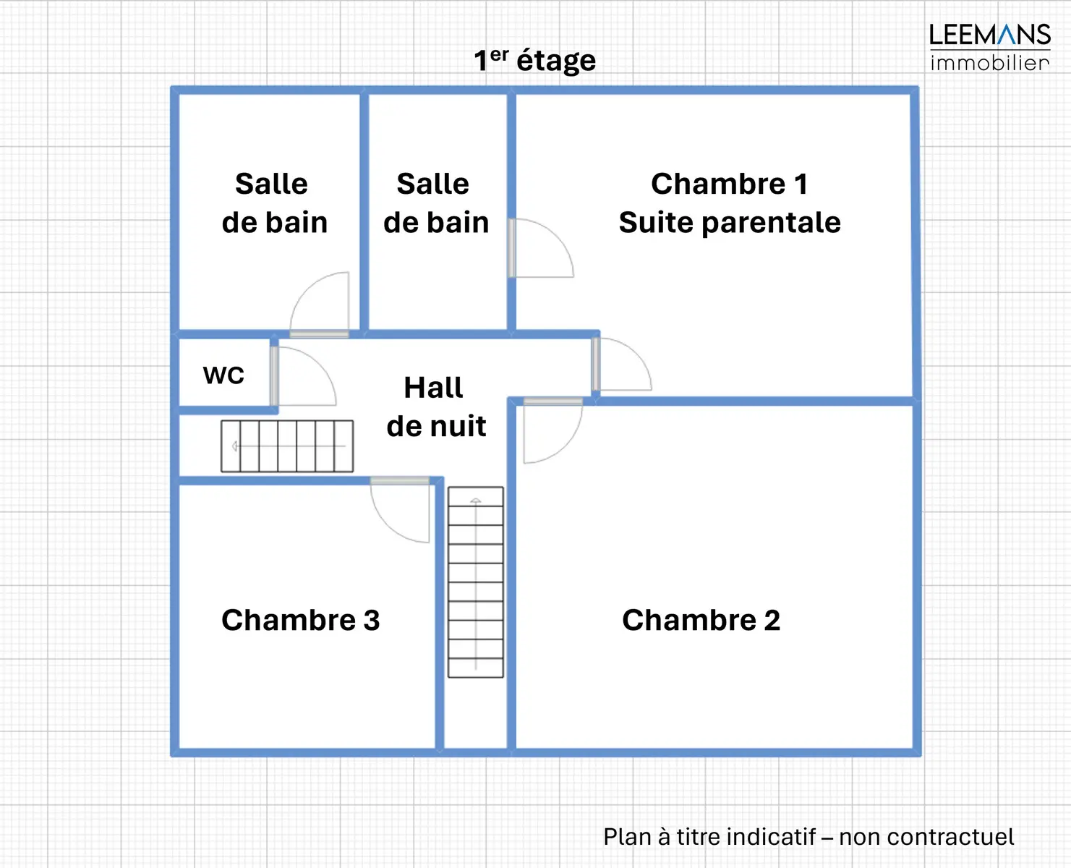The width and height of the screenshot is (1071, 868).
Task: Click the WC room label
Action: pyautogui.click(x=223, y=375)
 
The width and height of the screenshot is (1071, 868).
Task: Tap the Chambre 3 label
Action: pyautogui.click(x=300, y=620)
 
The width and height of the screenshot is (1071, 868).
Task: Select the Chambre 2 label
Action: pyautogui.click(x=701, y=620)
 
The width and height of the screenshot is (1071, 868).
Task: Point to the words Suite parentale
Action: pyautogui.click(x=729, y=222)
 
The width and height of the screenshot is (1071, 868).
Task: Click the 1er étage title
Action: pyautogui.click(x=534, y=59)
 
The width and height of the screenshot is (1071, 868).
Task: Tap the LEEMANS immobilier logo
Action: pyautogui.click(x=989, y=46)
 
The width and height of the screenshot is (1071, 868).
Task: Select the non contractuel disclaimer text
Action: pyautogui.click(x=808, y=836)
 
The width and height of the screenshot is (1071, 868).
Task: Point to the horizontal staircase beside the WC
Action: pyautogui.click(x=287, y=446)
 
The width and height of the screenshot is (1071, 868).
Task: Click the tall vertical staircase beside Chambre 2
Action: pyautogui.click(x=475, y=582)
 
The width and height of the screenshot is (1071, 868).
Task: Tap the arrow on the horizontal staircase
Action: pyautogui.click(x=235, y=446)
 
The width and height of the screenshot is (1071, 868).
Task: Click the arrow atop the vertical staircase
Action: pyautogui.click(x=475, y=501)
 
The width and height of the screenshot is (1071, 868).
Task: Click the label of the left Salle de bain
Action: pyautogui.click(x=273, y=203)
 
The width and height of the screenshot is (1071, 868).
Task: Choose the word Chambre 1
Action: pyautogui.click(x=729, y=184)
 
